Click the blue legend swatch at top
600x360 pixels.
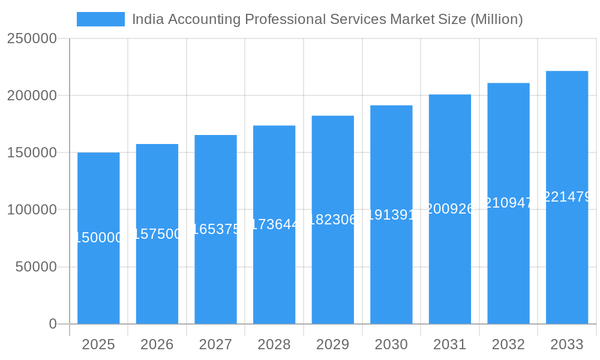tap(100, 19)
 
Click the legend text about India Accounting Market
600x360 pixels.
tap(327, 19)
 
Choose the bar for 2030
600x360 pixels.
tap(391, 270)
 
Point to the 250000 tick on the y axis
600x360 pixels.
tap(32, 39)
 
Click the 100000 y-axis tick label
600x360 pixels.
tap(32, 210)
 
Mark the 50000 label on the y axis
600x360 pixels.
tap(36, 267)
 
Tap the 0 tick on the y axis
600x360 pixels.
tap(53, 324)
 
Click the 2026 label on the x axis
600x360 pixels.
tap(157, 344)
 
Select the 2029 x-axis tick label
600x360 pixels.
tap(332, 344)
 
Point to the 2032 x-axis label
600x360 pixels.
tap(508, 344)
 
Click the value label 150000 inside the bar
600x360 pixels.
tap(98, 238)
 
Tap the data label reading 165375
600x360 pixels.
tap(216, 229)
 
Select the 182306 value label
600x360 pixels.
tap(333, 220)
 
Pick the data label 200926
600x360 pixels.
tap(450, 209)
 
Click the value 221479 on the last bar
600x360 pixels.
tap(567, 197)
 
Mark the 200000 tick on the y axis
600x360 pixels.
tap(32, 96)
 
